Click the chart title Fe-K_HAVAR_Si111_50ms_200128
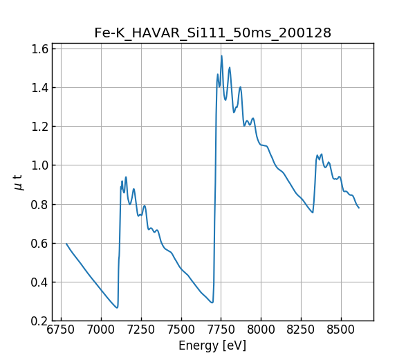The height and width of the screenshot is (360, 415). tap(212, 33)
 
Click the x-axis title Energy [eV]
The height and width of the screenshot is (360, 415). tap(212, 345)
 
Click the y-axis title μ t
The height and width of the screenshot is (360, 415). tap(19, 182)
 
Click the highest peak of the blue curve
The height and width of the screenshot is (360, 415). tap(222, 56)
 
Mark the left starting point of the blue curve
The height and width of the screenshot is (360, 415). tap(66, 244)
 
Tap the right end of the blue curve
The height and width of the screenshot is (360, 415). tap(359, 208)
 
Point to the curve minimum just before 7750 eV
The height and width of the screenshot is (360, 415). tap(212, 303)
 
